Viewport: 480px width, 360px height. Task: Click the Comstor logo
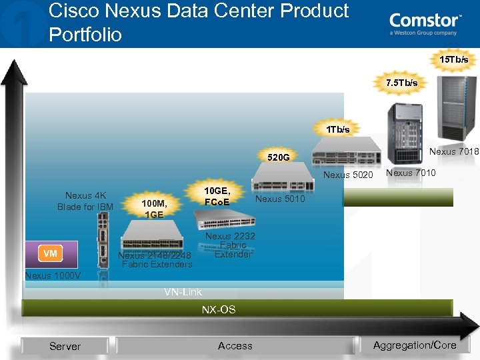click(x=425, y=24)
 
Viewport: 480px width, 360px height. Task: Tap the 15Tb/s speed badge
click(x=453, y=60)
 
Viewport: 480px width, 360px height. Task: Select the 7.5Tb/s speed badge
click(x=402, y=83)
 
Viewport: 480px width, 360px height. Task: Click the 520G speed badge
click(x=278, y=158)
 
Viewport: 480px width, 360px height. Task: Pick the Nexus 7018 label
click(x=454, y=152)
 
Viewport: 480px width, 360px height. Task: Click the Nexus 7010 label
click(x=411, y=173)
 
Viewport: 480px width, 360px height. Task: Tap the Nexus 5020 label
click(x=348, y=175)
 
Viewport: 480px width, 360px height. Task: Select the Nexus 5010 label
click(x=280, y=199)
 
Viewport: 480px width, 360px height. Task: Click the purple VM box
click(x=51, y=253)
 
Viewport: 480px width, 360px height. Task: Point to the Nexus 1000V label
click(x=53, y=276)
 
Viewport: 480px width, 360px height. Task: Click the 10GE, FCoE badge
click(x=216, y=197)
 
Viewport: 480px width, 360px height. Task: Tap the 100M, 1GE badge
click(x=154, y=209)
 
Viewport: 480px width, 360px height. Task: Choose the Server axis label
click(x=65, y=346)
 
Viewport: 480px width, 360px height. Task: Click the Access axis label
click(x=235, y=345)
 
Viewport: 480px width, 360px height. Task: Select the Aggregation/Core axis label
click(x=415, y=345)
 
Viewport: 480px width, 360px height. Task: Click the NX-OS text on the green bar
click(x=219, y=310)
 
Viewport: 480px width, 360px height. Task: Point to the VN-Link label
click(x=183, y=292)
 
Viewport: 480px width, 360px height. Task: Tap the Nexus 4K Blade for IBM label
click(x=85, y=201)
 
